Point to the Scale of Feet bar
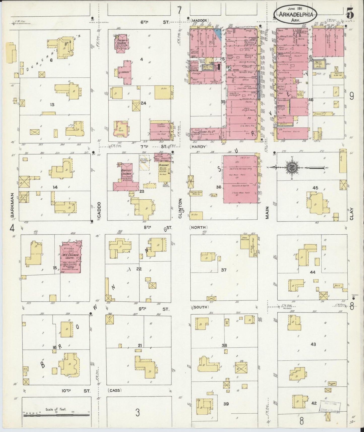click(x=56, y=414)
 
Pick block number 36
click(x=219, y=187)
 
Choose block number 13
click(x=52, y=105)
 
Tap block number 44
click(x=313, y=272)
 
